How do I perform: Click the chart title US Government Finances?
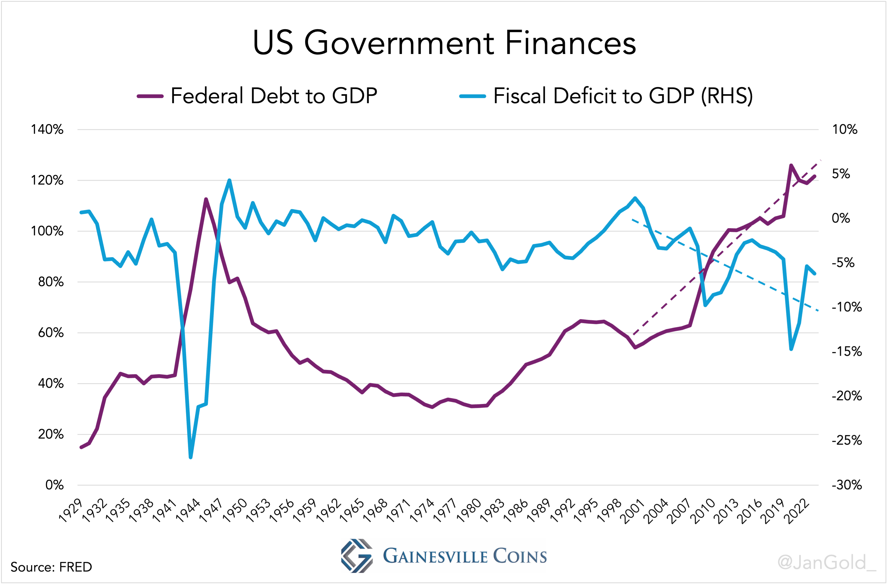[444, 43]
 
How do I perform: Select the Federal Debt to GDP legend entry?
[258, 96]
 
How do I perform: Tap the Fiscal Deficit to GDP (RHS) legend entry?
[606, 96]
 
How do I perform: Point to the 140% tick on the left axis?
[47, 129]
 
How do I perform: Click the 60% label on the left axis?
[51, 333]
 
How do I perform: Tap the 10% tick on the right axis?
[845, 129]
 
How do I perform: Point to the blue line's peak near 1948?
[229, 180]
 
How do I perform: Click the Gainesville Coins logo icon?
[357, 555]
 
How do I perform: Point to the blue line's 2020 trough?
[791, 349]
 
